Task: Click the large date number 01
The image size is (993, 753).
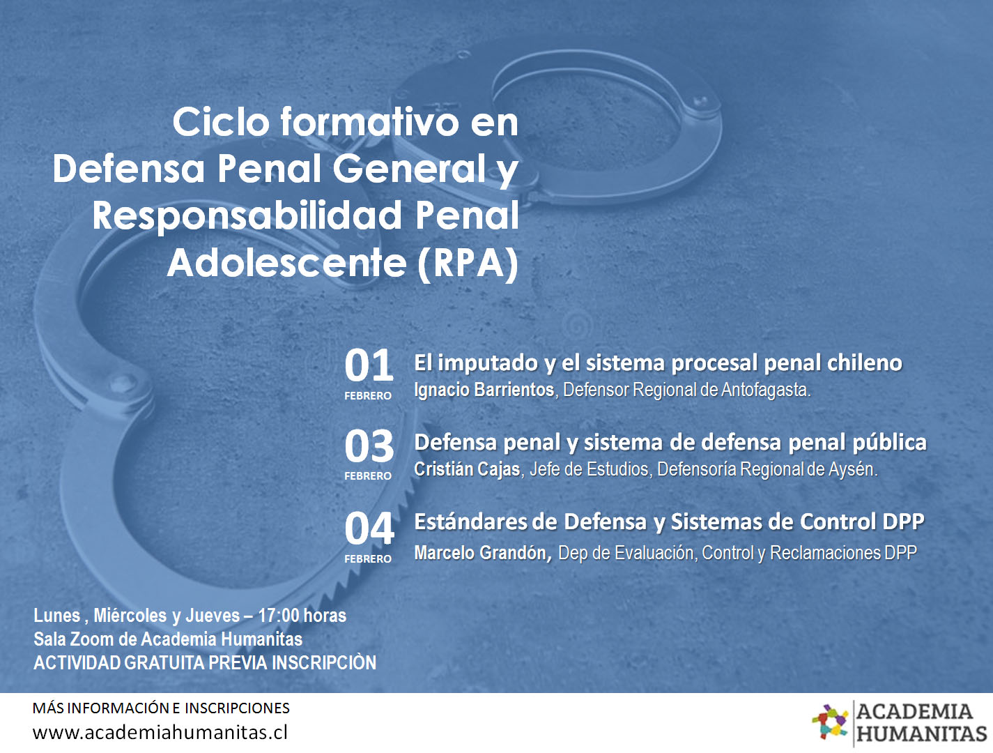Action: click(369, 365)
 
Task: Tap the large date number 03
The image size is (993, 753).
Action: click(369, 446)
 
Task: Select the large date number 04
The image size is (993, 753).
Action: click(369, 528)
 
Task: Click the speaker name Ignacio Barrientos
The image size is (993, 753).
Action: click(484, 390)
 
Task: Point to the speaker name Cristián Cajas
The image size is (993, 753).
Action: click(467, 469)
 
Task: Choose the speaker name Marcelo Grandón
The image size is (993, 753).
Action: click(483, 552)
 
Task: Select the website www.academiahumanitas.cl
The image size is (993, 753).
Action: click(160, 732)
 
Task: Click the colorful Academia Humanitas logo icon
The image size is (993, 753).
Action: click(831, 722)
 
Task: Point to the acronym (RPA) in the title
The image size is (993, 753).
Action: click(468, 264)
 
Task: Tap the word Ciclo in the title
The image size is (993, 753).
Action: click(221, 122)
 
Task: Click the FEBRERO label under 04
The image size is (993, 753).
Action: click(368, 559)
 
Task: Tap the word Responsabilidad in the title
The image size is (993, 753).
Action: click(247, 216)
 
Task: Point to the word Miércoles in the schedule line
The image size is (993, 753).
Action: click(130, 616)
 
